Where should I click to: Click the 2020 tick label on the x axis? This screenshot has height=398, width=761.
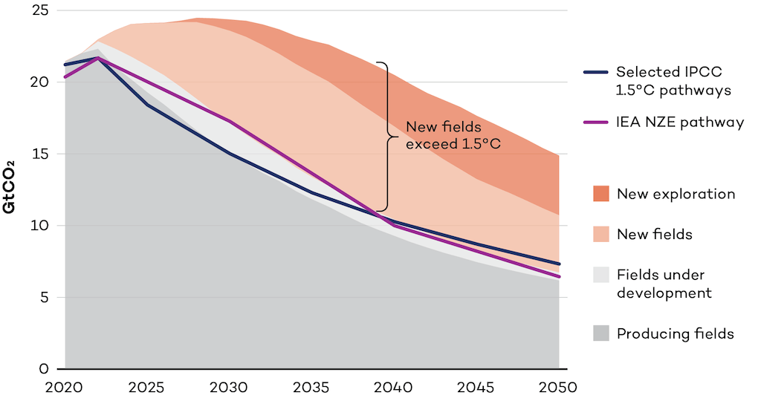point(65,387)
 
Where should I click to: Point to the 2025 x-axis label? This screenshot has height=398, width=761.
point(147,387)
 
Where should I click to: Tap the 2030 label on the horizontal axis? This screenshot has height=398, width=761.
point(229,387)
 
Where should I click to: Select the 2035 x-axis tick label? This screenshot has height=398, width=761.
point(311,387)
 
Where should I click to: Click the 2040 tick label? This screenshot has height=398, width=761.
point(393,387)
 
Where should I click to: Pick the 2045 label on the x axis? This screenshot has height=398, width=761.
point(476,387)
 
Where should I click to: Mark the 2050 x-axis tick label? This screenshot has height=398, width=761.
point(557,387)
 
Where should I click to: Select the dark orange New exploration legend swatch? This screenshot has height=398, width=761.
point(601,195)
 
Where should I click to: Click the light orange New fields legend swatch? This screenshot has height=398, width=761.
point(601,235)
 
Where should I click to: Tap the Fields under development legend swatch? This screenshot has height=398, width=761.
point(601,275)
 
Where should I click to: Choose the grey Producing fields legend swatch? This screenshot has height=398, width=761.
point(601,334)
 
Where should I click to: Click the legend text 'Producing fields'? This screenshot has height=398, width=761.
point(675,334)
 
